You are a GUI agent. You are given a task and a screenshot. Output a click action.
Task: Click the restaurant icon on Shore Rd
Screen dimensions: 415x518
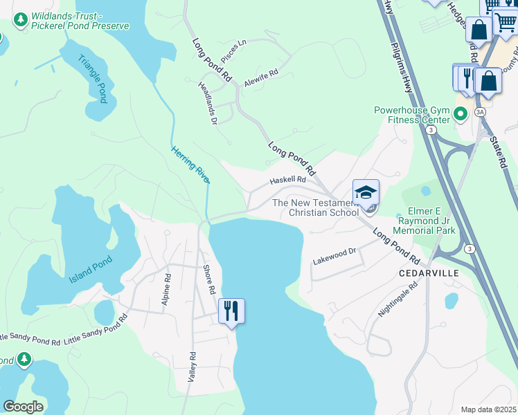point(231,311)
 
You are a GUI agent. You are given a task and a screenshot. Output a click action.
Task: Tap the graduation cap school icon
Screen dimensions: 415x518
point(366,192)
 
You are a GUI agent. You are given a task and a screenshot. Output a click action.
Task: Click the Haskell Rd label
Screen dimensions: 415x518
point(287,180)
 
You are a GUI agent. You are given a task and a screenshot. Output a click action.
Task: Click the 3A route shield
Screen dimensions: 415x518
point(480,111)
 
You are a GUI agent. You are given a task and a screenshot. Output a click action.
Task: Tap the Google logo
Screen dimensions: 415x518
point(23,406)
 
